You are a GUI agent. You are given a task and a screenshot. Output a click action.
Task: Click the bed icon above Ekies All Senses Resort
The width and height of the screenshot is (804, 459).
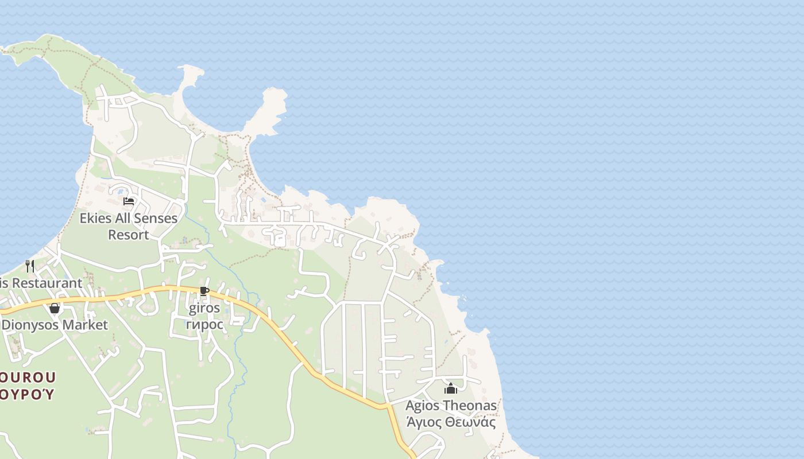(129, 201)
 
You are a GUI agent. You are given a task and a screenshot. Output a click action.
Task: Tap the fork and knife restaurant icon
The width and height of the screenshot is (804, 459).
(30, 266)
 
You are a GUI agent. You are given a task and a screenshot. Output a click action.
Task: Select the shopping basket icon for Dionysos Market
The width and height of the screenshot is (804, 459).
(55, 308)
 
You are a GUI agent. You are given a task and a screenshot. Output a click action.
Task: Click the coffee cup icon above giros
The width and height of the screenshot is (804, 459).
(204, 291)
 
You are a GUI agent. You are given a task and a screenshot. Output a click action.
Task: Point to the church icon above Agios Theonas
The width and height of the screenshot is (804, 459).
(451, 388)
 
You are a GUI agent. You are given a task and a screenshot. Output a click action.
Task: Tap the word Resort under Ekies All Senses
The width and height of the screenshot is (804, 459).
(129, 235)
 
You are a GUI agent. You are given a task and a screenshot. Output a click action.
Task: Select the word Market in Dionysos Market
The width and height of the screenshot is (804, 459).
(86, 325)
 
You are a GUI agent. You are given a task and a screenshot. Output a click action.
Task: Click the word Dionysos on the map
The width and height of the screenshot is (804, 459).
(30, 325)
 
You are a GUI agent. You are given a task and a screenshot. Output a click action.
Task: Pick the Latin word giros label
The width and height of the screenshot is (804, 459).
(204, 308)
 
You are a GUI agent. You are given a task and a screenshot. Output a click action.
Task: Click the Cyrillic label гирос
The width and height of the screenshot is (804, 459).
(204, 324)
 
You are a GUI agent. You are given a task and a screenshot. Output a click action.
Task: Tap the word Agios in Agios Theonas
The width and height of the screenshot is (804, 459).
(423, 406)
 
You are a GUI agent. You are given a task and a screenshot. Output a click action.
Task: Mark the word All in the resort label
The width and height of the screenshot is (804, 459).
(123, 219)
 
